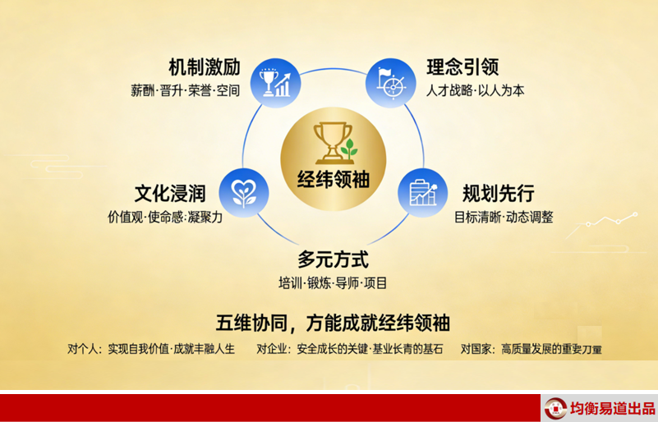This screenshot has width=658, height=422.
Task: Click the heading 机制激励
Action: (x=205, y=67)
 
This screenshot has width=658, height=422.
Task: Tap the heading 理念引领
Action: (x=462, y=67)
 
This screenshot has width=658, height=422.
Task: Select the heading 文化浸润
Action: (x=170, y=194)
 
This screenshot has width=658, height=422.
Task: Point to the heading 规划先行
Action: (x=498, y=194)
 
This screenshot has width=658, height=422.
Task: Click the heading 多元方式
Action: (x=334, y=259)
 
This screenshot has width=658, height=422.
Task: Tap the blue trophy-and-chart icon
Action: (x=275, y=83)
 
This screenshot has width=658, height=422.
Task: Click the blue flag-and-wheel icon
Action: (x=391, y=83)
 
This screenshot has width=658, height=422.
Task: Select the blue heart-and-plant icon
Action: (x=244, y=193)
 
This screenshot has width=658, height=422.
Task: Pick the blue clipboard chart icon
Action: (x=423, y=193)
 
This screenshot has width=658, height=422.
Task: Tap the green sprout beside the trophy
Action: (x=349, y=149)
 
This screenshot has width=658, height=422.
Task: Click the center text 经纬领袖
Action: (x=334, y=180)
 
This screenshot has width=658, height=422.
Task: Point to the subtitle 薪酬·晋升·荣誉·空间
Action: (x=185, y=90)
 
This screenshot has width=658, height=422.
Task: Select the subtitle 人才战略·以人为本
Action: (x=476, y=90)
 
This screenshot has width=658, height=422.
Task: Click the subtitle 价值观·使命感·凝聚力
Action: (x=165, y=218)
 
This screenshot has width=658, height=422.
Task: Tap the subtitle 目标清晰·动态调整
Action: (x=504, y=218)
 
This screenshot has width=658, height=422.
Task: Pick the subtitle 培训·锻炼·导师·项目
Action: (x=333, y=283)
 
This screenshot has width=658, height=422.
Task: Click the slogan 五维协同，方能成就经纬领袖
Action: (x=333, y=323)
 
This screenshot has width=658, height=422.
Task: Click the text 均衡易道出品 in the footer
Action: (x=612, y=408)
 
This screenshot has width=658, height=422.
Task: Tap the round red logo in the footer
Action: (x=555, y=409)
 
